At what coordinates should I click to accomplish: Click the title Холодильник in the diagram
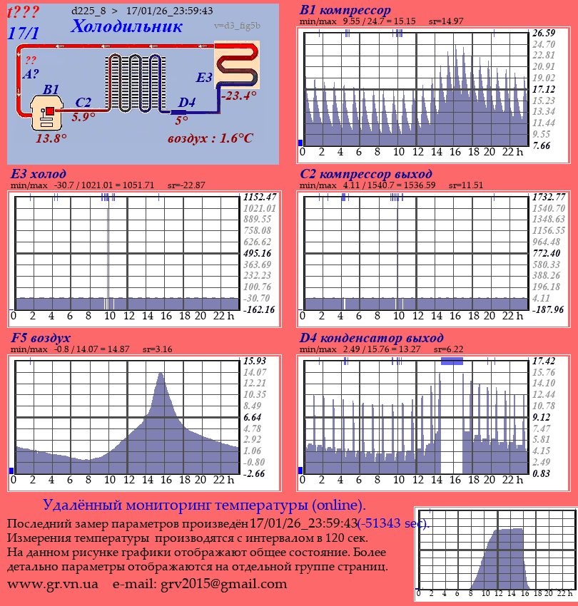pos(127,26)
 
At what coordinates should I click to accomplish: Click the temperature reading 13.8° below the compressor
pos(51,138)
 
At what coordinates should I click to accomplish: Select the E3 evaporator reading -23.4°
pos(238,96)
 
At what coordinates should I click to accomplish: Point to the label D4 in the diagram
pos(186,103)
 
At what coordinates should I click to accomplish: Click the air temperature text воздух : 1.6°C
pos(211,138)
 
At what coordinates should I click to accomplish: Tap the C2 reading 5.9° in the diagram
pos(83,117)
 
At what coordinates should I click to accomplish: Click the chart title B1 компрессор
pos(345,10)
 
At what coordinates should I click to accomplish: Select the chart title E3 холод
pos(39,174)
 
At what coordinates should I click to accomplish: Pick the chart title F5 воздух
pos(41,337)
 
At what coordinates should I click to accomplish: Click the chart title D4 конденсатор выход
pos(372,337)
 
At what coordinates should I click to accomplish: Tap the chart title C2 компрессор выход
pos(366,174)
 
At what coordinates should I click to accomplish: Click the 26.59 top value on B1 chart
pos(544,33)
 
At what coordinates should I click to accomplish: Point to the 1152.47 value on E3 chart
pos(260,196)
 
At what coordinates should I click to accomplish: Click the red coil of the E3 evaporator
pos(238,64)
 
